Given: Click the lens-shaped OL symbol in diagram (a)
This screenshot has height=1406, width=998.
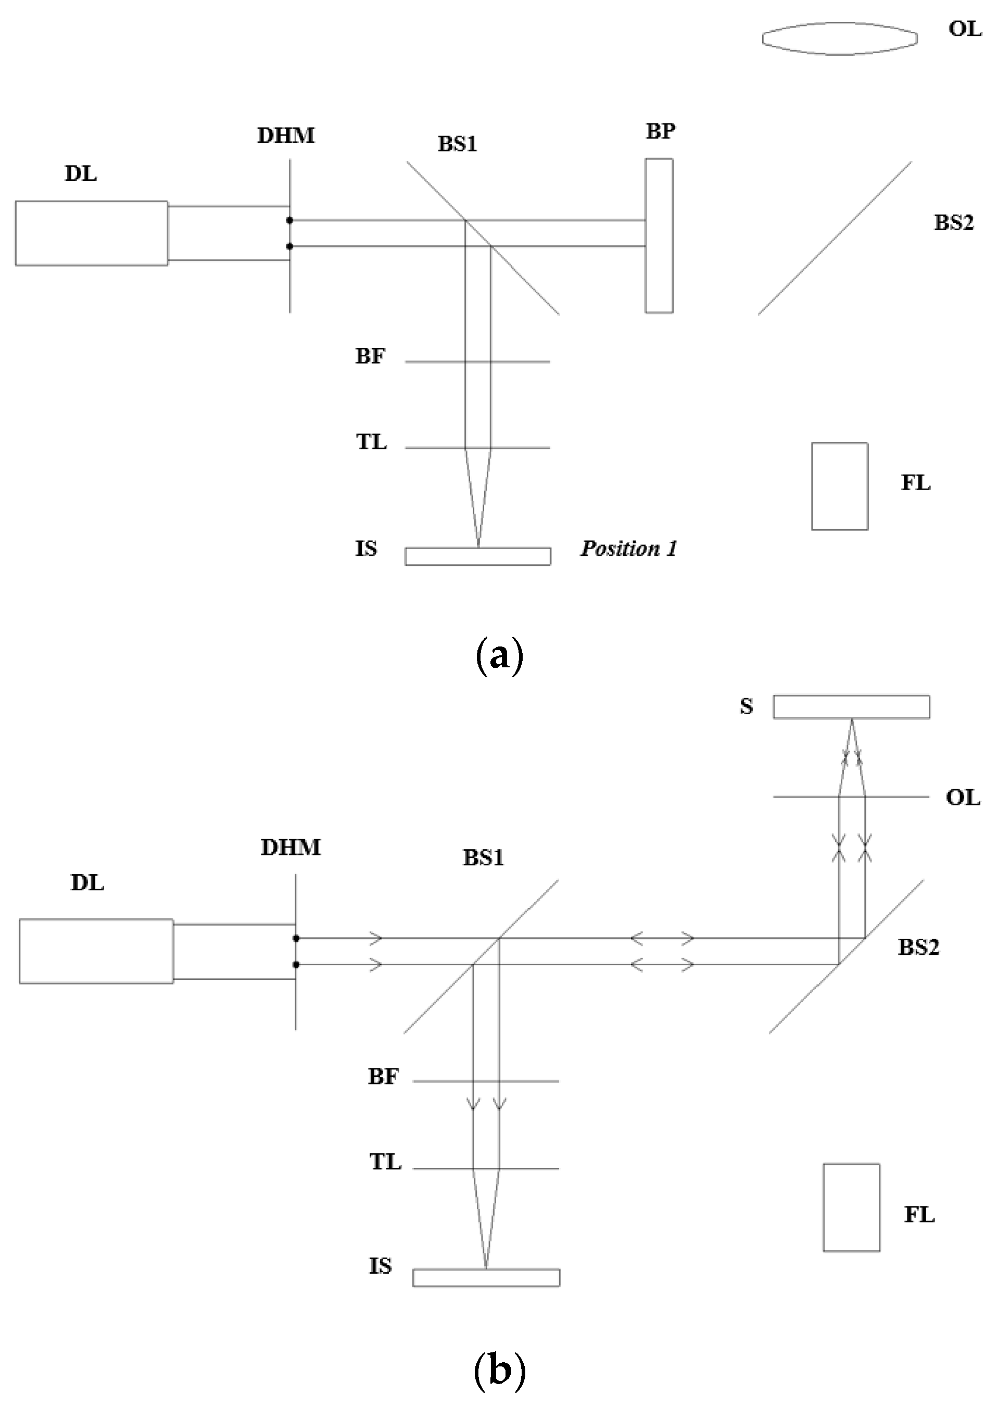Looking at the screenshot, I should click(x=839, y=39).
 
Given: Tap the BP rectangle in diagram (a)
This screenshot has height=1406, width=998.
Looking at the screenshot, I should click(x=659, y=235).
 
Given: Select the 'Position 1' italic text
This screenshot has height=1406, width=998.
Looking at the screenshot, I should click(x=629, y=549).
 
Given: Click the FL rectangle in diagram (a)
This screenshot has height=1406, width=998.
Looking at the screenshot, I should click(x=839, y=486).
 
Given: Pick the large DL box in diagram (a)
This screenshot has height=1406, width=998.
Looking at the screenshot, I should click(x=92, y=233).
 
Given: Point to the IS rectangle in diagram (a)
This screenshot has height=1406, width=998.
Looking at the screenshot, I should click(x=477, y=556).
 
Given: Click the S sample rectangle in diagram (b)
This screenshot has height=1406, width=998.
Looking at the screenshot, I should click(x=851, y=706).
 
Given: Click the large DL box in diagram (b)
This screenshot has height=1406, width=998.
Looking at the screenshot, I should click(x=96, y=951).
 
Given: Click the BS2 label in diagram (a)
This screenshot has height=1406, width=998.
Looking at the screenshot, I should click(x=954, y=222).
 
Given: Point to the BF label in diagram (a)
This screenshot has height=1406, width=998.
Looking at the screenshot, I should click(x=370, y=356).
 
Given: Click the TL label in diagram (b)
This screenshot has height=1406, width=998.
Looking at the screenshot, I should click(x=385, y=1162).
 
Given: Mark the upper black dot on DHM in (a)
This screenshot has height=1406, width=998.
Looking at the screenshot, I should click(x=289, y=220).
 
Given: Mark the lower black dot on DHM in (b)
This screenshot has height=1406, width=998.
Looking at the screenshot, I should click(x=296, y=965).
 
